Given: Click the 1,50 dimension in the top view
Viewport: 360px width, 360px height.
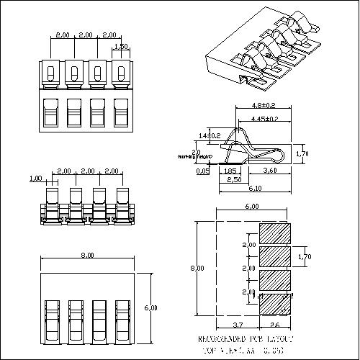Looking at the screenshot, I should click(x=122, y=46).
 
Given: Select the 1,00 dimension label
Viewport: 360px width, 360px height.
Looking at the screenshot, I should click(x=35, y=178).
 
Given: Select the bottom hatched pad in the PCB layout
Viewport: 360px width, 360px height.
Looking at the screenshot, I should click(x=274, y=303).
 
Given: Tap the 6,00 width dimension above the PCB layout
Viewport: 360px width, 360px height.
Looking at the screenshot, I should click(x=252, y=206).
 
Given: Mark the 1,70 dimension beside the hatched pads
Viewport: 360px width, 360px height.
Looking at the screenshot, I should click(x=305, y=255).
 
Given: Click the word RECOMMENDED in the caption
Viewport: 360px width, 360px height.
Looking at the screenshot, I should click(x=220, y=338).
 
